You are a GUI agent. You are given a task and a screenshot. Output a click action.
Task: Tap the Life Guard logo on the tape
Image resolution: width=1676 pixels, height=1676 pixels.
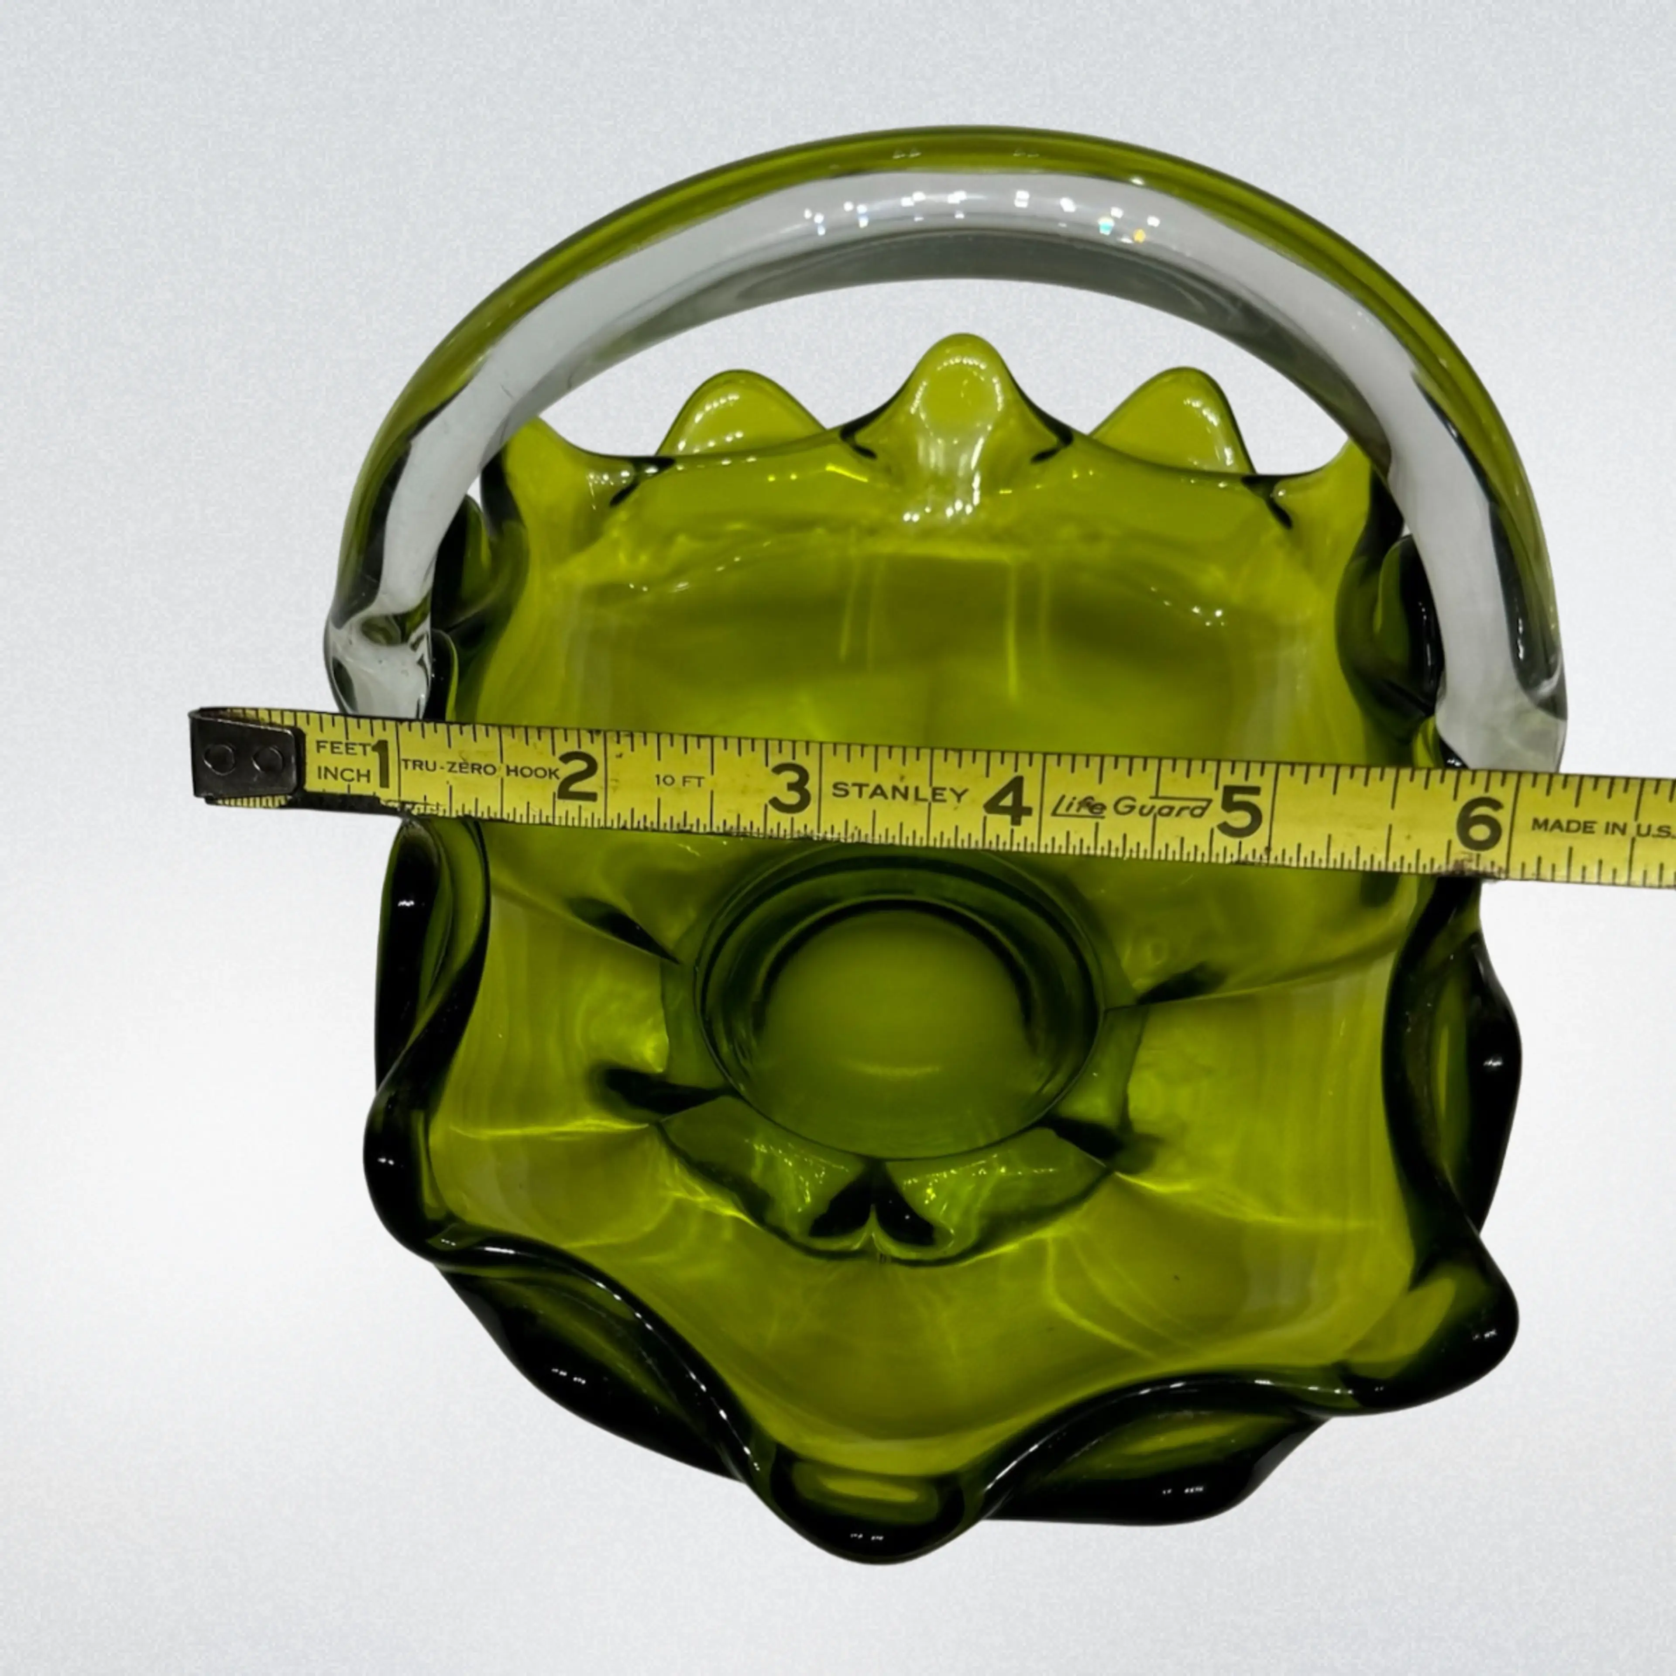(1130, 806)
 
